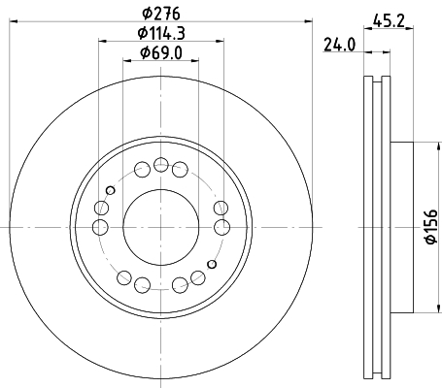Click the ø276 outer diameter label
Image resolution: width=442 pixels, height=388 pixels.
161,14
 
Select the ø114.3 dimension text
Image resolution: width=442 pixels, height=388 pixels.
161,33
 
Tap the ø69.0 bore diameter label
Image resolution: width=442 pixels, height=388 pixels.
161,53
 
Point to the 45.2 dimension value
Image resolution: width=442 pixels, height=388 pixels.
389,20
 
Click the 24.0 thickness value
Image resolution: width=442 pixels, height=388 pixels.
339,45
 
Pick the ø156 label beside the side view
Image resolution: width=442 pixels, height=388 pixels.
431,227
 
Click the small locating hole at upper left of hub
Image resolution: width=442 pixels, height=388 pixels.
111,190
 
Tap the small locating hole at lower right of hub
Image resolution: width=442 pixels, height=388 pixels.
212,264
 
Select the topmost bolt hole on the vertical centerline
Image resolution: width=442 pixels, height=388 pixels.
161,165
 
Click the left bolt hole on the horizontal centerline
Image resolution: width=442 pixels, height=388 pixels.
100,227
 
